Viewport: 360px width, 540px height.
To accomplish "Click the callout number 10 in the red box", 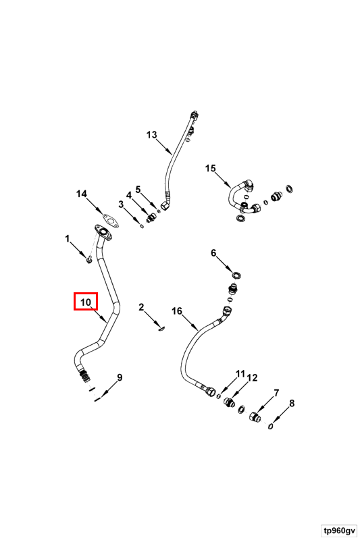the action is point(85,302).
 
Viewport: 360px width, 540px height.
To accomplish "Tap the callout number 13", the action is point(151,134).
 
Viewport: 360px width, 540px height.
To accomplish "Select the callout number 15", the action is point(211,168).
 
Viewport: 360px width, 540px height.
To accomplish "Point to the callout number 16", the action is point(177,311).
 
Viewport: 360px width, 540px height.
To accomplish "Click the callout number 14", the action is point(81,194).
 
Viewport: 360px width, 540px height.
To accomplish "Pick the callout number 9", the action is point(120,377).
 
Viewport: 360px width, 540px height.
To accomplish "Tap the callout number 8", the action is point(292,403).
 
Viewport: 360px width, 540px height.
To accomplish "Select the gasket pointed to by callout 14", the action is point(110,221).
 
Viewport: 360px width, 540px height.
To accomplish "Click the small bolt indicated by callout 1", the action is point(89,259).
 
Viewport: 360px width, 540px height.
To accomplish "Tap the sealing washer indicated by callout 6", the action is point(236,275).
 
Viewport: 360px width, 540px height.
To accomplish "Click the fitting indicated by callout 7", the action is point(254,416).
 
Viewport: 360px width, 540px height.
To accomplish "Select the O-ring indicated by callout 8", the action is point(271,427).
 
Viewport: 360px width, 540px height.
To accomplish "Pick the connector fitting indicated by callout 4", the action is point(151,217).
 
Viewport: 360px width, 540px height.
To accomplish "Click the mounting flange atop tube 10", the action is point(103,232).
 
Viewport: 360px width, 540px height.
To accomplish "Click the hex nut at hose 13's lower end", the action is point(165,206).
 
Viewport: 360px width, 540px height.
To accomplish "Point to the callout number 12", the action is point(252,378).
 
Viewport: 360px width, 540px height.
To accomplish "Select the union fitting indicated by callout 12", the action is point(228,402).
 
